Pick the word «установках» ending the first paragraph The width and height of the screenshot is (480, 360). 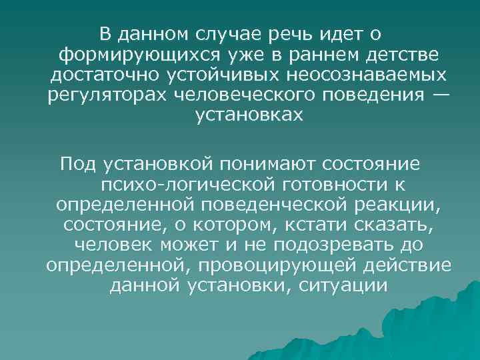[249, 115]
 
